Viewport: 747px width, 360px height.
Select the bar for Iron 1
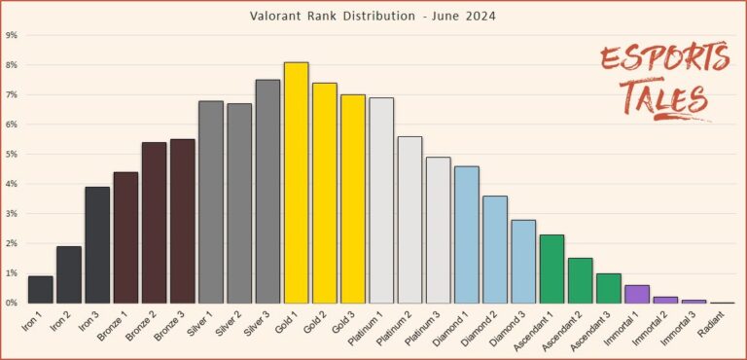(41, 290)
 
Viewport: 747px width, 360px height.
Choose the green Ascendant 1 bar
(552, 269)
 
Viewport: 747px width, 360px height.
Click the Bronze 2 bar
(155, 223)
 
